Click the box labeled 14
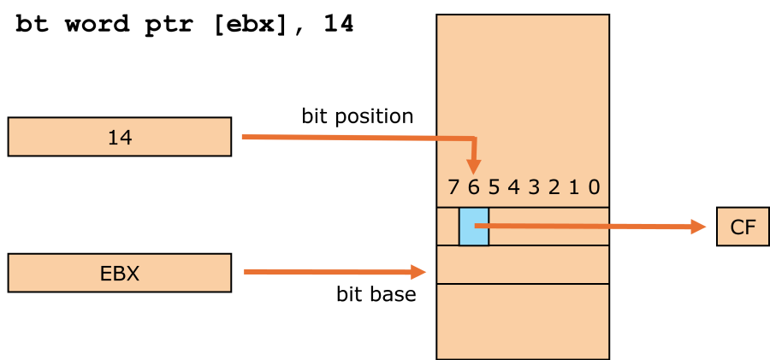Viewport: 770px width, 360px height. (x=119, y=137)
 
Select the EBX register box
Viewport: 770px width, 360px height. (x=119, y=274)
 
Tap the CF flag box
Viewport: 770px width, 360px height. (x=743, y=227)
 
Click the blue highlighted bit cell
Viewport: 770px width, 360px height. (x=474, y=227)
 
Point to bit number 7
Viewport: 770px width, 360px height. (x=453, y=187)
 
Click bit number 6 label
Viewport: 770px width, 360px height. (x=473, y=187)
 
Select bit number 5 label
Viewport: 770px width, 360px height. (x=494, y=187)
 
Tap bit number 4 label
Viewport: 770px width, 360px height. (x=513, y=187)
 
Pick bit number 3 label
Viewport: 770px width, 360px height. (x=534, y=187)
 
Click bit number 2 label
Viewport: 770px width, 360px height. (x=554, y=187)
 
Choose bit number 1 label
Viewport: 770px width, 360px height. (x=574, y=187)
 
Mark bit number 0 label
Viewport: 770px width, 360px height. (x=594, y=187)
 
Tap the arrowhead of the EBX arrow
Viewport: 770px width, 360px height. (x=418, y=272)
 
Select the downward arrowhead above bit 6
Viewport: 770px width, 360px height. (x=474, y=167)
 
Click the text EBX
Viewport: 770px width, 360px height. (x=119, y=274)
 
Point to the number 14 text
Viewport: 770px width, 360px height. (x=119, y=138)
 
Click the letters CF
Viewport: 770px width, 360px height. (x=743, y=228)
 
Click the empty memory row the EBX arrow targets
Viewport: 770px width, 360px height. (x=523, y=265)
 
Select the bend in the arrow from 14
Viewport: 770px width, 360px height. (x=474, y=139)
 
